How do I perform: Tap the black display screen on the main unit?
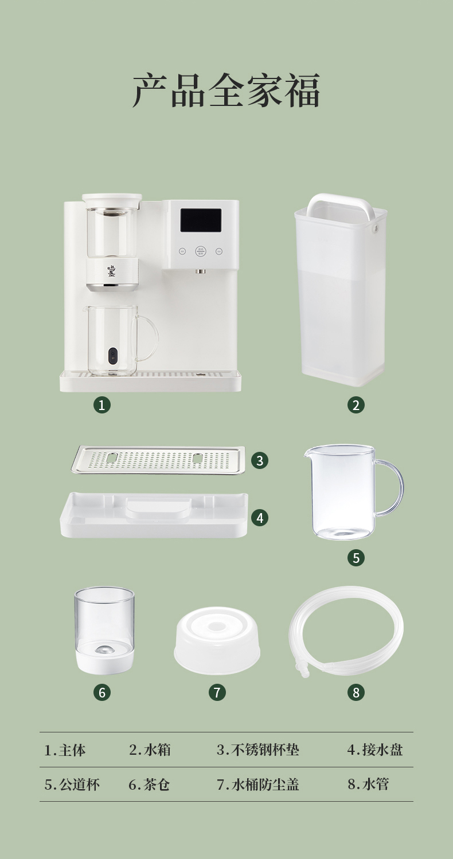(x=201, y=220)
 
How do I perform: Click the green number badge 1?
(x=101, y=405)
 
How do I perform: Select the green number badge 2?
(x=356, y=405)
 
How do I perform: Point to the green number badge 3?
(x=260, y=460)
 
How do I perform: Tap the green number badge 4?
(x=260, y=518)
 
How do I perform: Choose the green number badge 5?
(x=356, y=558)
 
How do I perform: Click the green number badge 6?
(x=101, y=692)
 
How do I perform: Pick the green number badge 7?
(x=217, y=692)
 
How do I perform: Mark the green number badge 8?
(x=356, y=692)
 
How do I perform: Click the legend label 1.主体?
(x=65, y=750)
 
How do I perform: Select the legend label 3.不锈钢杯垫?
(x=258, y=750)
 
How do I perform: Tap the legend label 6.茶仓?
(x=149, y=785)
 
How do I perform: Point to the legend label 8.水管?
(x=369, y=785)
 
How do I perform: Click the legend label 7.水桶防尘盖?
(x=258, y=785)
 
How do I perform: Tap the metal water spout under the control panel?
(x=200, y=271)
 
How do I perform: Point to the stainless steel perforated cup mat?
(x=158, y=460)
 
